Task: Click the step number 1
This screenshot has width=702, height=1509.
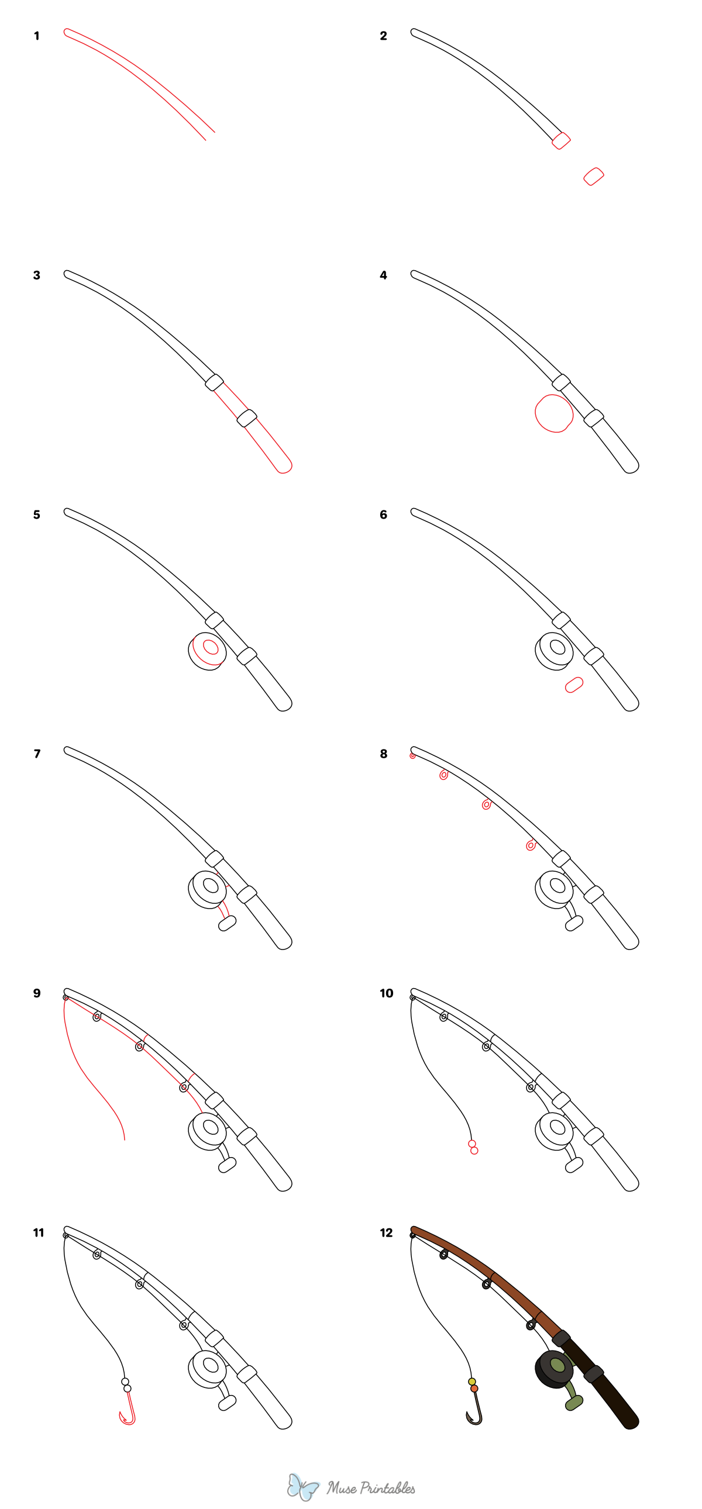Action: click(36, 36)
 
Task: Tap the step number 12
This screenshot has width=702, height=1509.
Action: click(386, 1232)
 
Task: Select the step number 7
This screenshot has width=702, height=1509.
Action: click(37, 754)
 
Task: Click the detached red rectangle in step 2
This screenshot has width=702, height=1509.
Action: click(594, 177)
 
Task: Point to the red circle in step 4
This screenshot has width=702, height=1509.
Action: click(553, 413)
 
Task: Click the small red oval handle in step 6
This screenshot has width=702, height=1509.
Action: click(574, 685)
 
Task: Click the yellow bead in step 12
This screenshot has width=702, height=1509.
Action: click(472, 1382)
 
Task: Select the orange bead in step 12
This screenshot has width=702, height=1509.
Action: click(474, 1389)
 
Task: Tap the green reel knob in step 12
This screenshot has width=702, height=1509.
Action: click(574, 1403)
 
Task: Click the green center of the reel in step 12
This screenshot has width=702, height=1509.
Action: click(558, 1366)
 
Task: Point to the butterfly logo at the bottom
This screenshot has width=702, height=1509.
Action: click(302, 1487)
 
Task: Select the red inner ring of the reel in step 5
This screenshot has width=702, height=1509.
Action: click(211, 647)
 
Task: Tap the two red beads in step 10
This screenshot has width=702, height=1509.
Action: click(473, 1147)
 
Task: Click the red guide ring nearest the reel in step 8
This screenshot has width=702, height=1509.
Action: click(531, 845)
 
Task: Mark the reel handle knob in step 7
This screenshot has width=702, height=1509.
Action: click(228, 924)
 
